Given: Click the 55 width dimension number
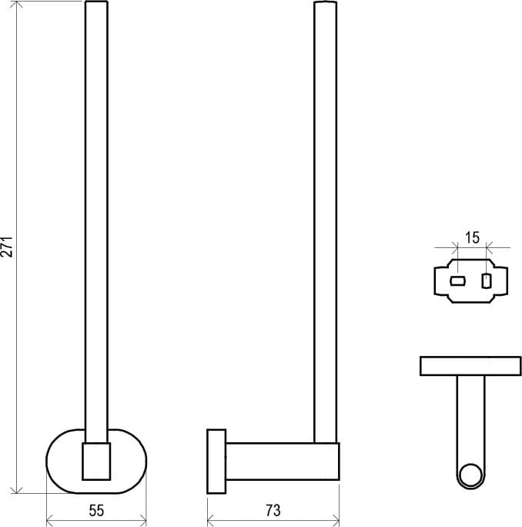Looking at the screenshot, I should (96, 509).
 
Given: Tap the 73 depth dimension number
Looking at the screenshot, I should (273, 509).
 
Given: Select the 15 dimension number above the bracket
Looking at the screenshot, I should (472, 237).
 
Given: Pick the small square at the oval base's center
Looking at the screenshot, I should (97, 460).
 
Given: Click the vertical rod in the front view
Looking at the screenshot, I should (97, 216).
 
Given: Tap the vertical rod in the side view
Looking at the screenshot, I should (326, 216).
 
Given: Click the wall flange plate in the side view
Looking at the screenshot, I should (216, 462).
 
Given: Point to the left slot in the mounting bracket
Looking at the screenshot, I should (457, 281).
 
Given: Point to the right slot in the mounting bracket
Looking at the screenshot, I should (486, 280).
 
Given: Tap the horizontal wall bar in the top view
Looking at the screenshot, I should (470, 366).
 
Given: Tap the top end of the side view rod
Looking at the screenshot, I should (326, 5).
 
